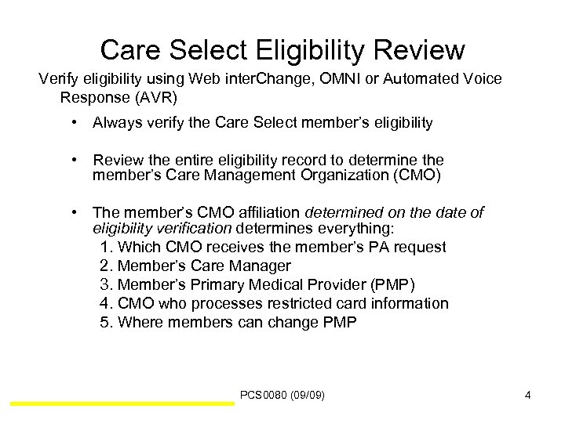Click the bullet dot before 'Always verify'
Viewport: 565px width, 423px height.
click(x=72, y=122)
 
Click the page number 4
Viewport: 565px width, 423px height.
click(x=528, y=396)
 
